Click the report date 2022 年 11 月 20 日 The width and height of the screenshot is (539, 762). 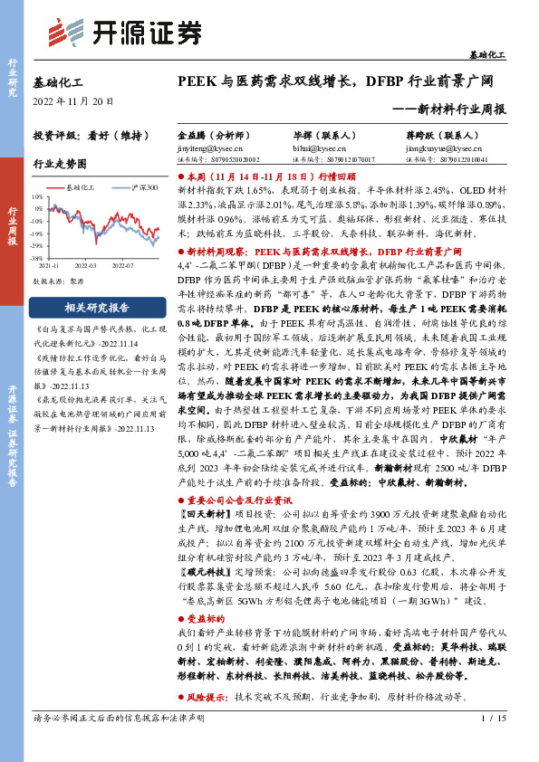point(72,100)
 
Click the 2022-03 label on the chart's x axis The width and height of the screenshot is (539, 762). point(86,267)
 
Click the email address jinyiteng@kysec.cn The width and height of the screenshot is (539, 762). point(207,145)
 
